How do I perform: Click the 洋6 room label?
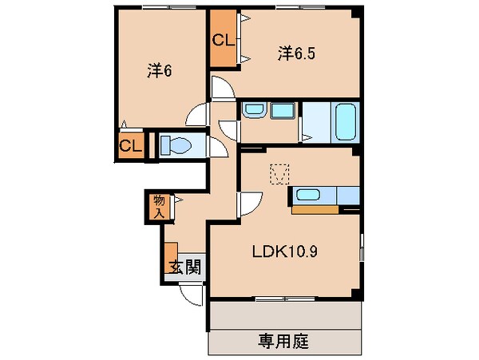[x=160, y=72]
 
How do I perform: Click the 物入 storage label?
[x=159, y=206]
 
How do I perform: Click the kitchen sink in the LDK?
[x=307, y=194]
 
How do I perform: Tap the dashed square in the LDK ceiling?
[x=279, y=173]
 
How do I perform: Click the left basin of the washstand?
[x=252, y=112]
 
